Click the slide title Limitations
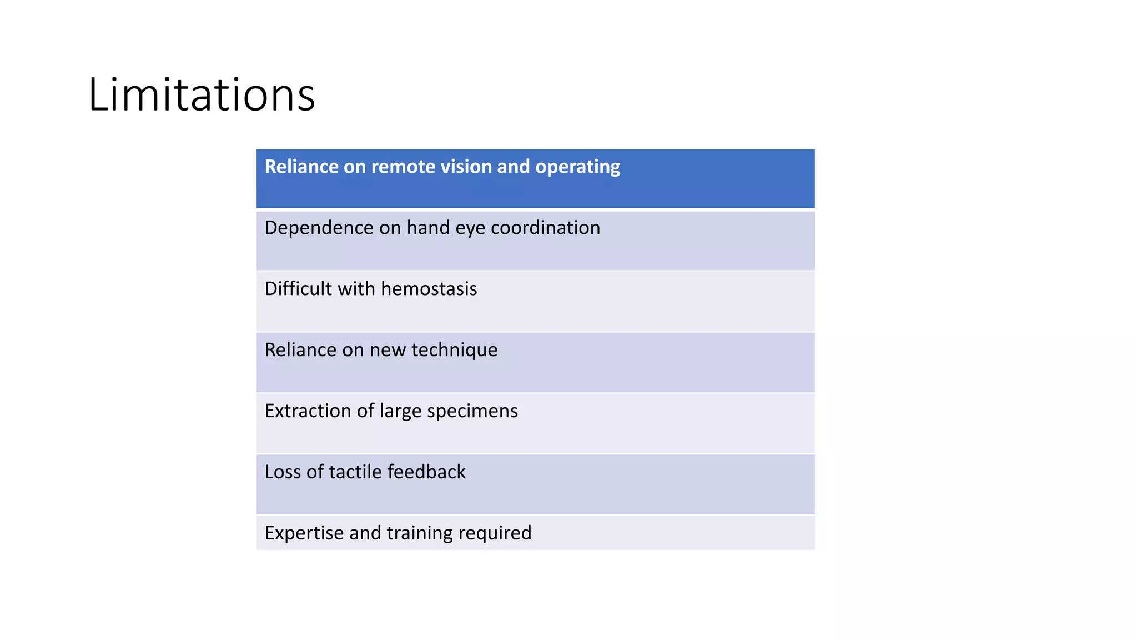coord(202,94)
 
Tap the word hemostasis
coord(429,289)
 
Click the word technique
coord(454,351)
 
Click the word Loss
coord(283,472)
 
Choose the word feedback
coord(426,472)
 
